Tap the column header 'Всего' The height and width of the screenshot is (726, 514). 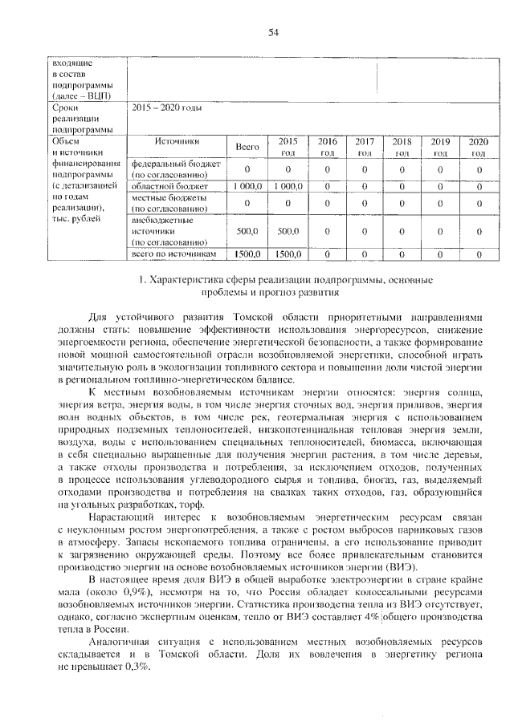coord(247,147)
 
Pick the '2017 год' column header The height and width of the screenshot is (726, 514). coord(364,147)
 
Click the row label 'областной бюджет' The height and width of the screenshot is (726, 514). coord(165,185)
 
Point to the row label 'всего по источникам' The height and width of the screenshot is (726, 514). coord(175,254)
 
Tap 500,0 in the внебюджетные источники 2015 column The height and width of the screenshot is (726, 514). coord(286,231)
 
